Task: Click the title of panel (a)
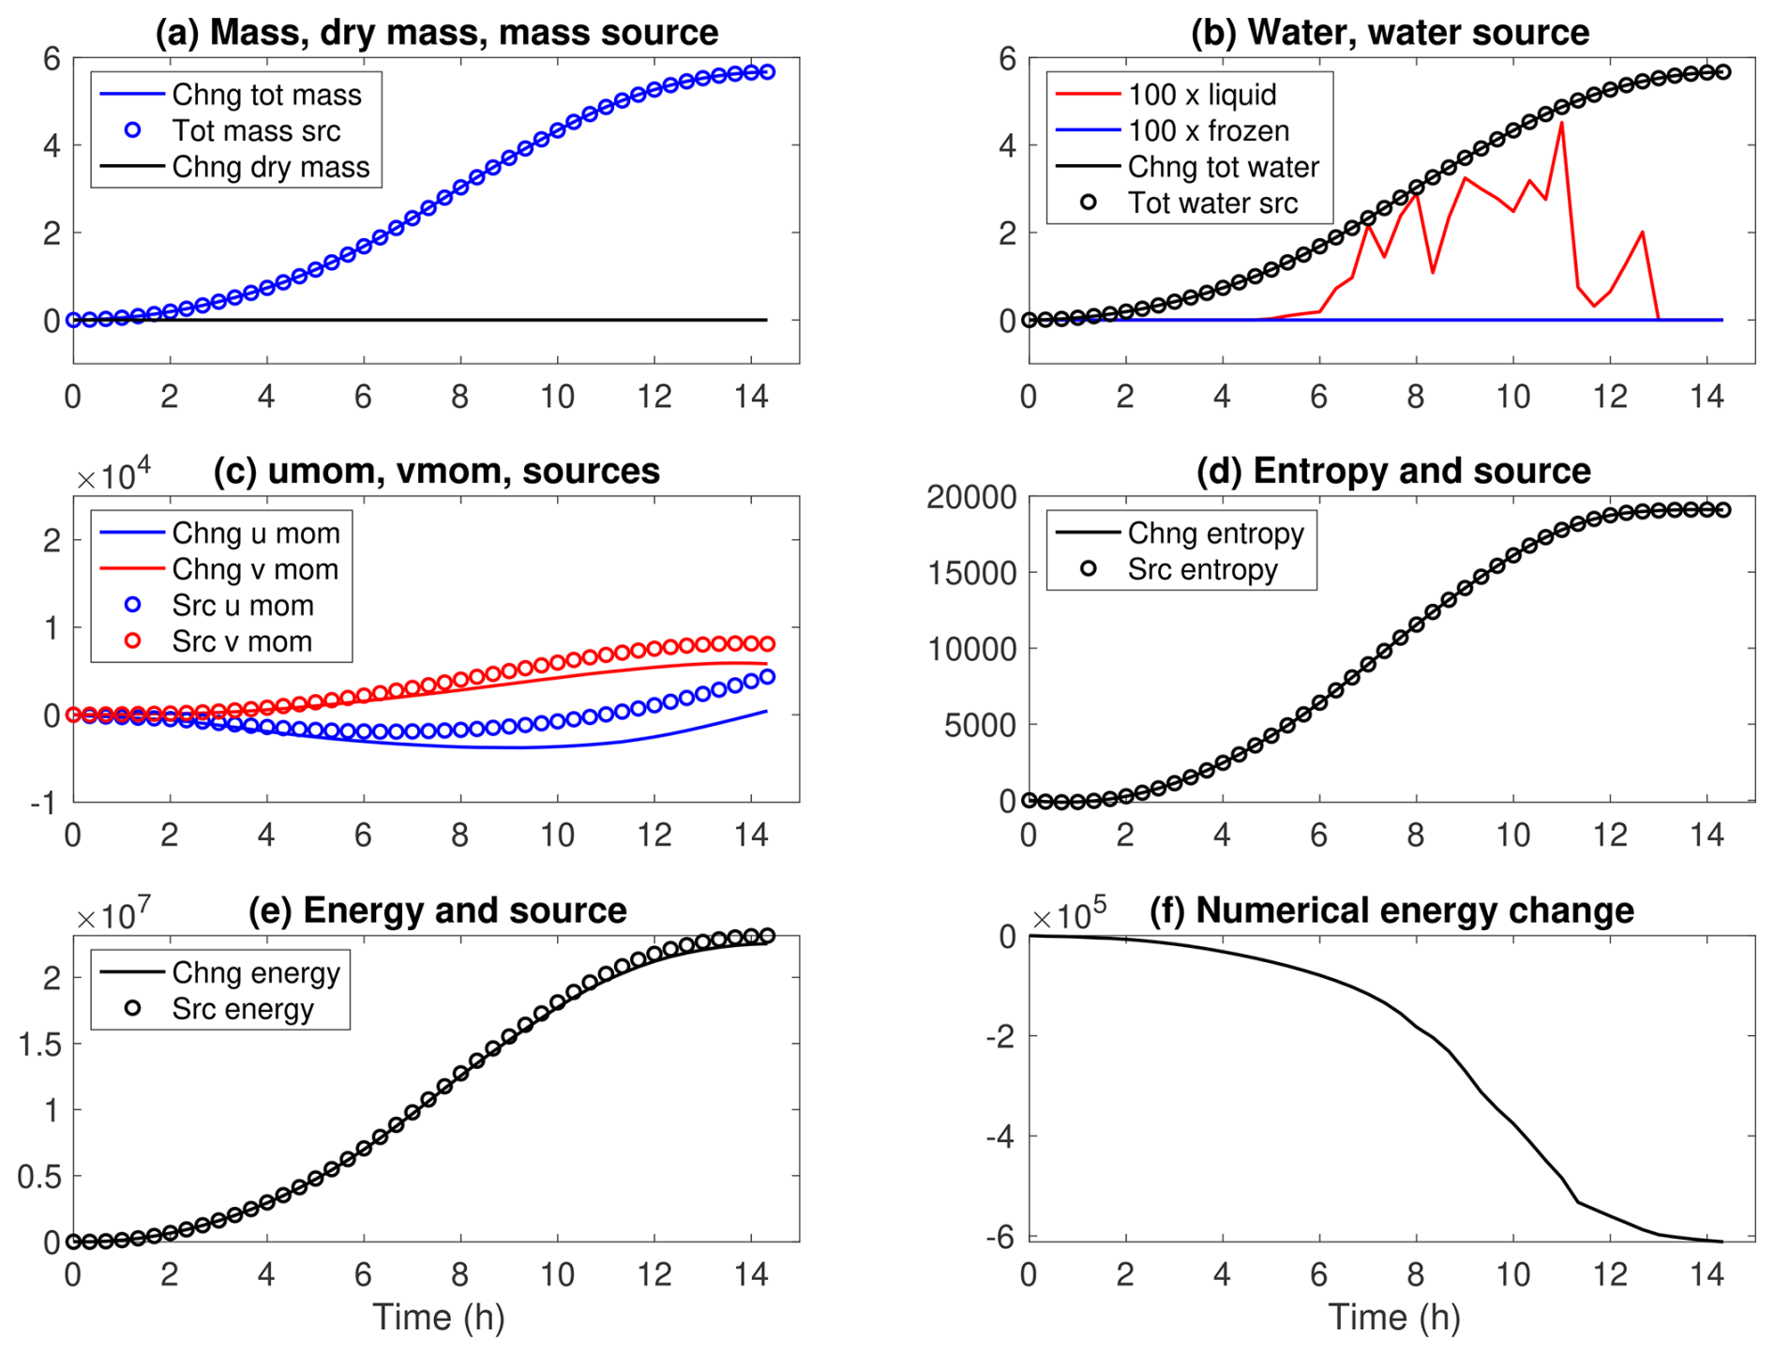(x=436, y=32)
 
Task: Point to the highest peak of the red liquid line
(x=1561, y=123)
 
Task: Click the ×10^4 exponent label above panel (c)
(x=113, y=476)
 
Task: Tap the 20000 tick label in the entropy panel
(x=971, y=497)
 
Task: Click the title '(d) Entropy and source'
(x=1393, y=471)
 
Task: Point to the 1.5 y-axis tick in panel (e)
(x=40, y=1044)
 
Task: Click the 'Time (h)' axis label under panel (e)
(x=439, y=1317)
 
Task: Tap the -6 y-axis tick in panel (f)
(x=1000, y=1238)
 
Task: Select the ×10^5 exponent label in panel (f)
(x=1069, y=915)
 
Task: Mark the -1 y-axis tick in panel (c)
(x=43, y=803)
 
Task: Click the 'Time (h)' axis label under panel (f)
(x=1394, y=1317)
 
